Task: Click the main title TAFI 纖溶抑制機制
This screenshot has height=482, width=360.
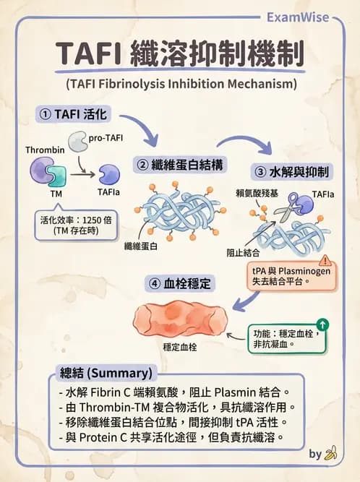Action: coord(180,55)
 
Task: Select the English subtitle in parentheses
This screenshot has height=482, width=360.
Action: coord(181,84)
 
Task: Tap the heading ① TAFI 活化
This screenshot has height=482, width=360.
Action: coord(74,113)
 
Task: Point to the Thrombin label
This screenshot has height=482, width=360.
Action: coord(45,150)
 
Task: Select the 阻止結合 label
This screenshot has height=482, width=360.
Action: coord(241,254)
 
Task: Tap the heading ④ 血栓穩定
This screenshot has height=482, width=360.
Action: coord(180,283)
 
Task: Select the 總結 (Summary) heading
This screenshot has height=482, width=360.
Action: coord(105,374)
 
